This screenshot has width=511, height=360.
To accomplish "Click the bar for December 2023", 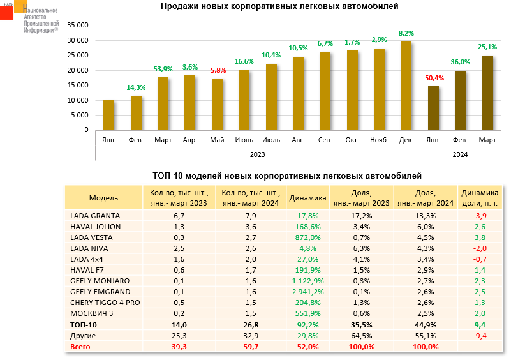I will (x=406, y=86).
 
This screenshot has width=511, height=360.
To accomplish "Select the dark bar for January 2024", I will (x=433, y=108).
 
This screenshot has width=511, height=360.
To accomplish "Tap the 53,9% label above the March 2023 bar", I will (x=163, y=69).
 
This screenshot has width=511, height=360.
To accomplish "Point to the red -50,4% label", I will (x=433, y=78).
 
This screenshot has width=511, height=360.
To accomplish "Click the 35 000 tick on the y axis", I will (x=77, y=26).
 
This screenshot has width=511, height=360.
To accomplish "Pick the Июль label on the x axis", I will (x=271, y=139).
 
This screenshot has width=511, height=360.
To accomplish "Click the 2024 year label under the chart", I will (x=460, y=154).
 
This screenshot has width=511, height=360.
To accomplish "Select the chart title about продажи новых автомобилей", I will (x=279, y=6).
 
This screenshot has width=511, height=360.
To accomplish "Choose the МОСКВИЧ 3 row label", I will (x=93, y=314).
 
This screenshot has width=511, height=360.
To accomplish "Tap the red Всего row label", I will (x=81, y=347).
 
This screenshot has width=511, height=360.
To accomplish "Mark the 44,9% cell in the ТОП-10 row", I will (x=426, y=325).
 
